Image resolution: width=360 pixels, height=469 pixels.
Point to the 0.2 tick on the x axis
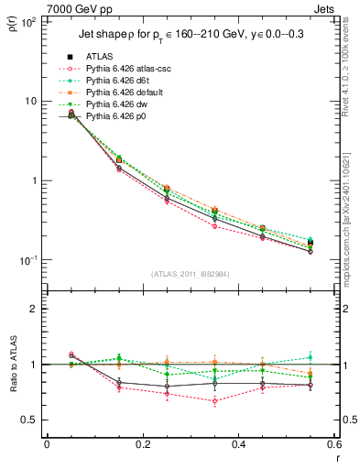(142, 444)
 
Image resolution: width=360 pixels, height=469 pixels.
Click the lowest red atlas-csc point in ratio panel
(214, 400)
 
